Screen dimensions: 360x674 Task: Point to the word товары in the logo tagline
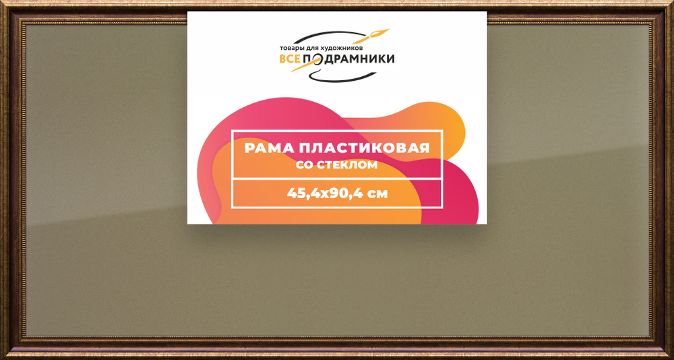pos(290,49)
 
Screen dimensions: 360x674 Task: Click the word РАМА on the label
pos(268,148)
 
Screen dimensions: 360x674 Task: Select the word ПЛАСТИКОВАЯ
pos(367,148)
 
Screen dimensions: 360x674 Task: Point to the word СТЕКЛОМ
pos(346,164)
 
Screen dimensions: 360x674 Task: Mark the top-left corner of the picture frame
pos(4,4)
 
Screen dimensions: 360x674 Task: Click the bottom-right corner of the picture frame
pos(670,356)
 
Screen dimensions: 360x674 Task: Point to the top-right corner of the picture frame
pos(670,4)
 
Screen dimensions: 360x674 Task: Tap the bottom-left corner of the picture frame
pos(4,356)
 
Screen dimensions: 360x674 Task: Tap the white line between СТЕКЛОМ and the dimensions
pos(336,179)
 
